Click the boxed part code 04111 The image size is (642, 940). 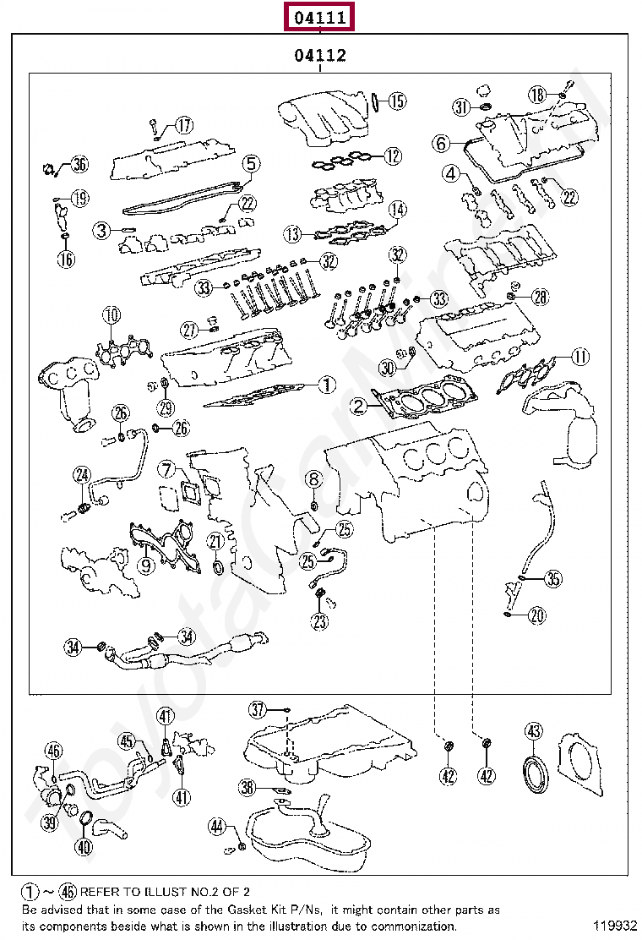click(x=320, y=16)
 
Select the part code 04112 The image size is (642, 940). click(x=320, y=57)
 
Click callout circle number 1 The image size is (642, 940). click(x=327, y=385)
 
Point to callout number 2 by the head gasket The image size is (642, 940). click(x=360, y=407)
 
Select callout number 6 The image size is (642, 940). click(x=441, y=144)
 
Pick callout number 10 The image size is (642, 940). click(x=112, y=317)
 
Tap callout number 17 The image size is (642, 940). click(x=183, y=126)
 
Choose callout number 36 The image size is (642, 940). click(x=79, y=165)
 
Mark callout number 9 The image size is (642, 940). click(x=146, y=564)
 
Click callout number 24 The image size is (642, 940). click(x=81, y=476)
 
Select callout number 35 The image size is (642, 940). click(x=552, y=579)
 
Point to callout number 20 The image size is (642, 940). click(x=537, y=615)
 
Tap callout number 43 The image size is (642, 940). click(x=533, y=731)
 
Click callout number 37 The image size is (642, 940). click(x=258, y=708)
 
